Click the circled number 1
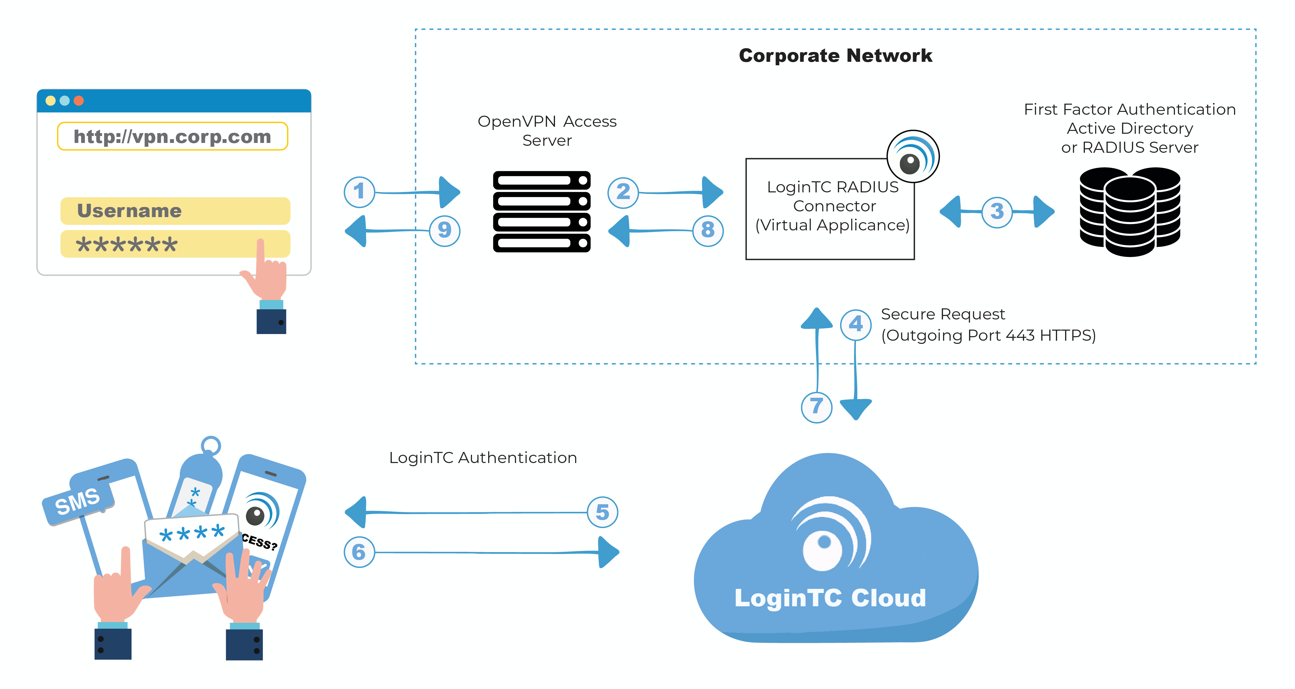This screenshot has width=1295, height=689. (359, 192)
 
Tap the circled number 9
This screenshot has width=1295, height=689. (444, 230)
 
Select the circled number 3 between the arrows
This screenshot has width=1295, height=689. (997, 212)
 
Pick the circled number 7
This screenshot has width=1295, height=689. (816, 406)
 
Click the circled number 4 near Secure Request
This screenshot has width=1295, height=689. (856, 325)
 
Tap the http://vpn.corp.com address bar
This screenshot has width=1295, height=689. (172, 136)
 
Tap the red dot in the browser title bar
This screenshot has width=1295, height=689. (79, 100)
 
